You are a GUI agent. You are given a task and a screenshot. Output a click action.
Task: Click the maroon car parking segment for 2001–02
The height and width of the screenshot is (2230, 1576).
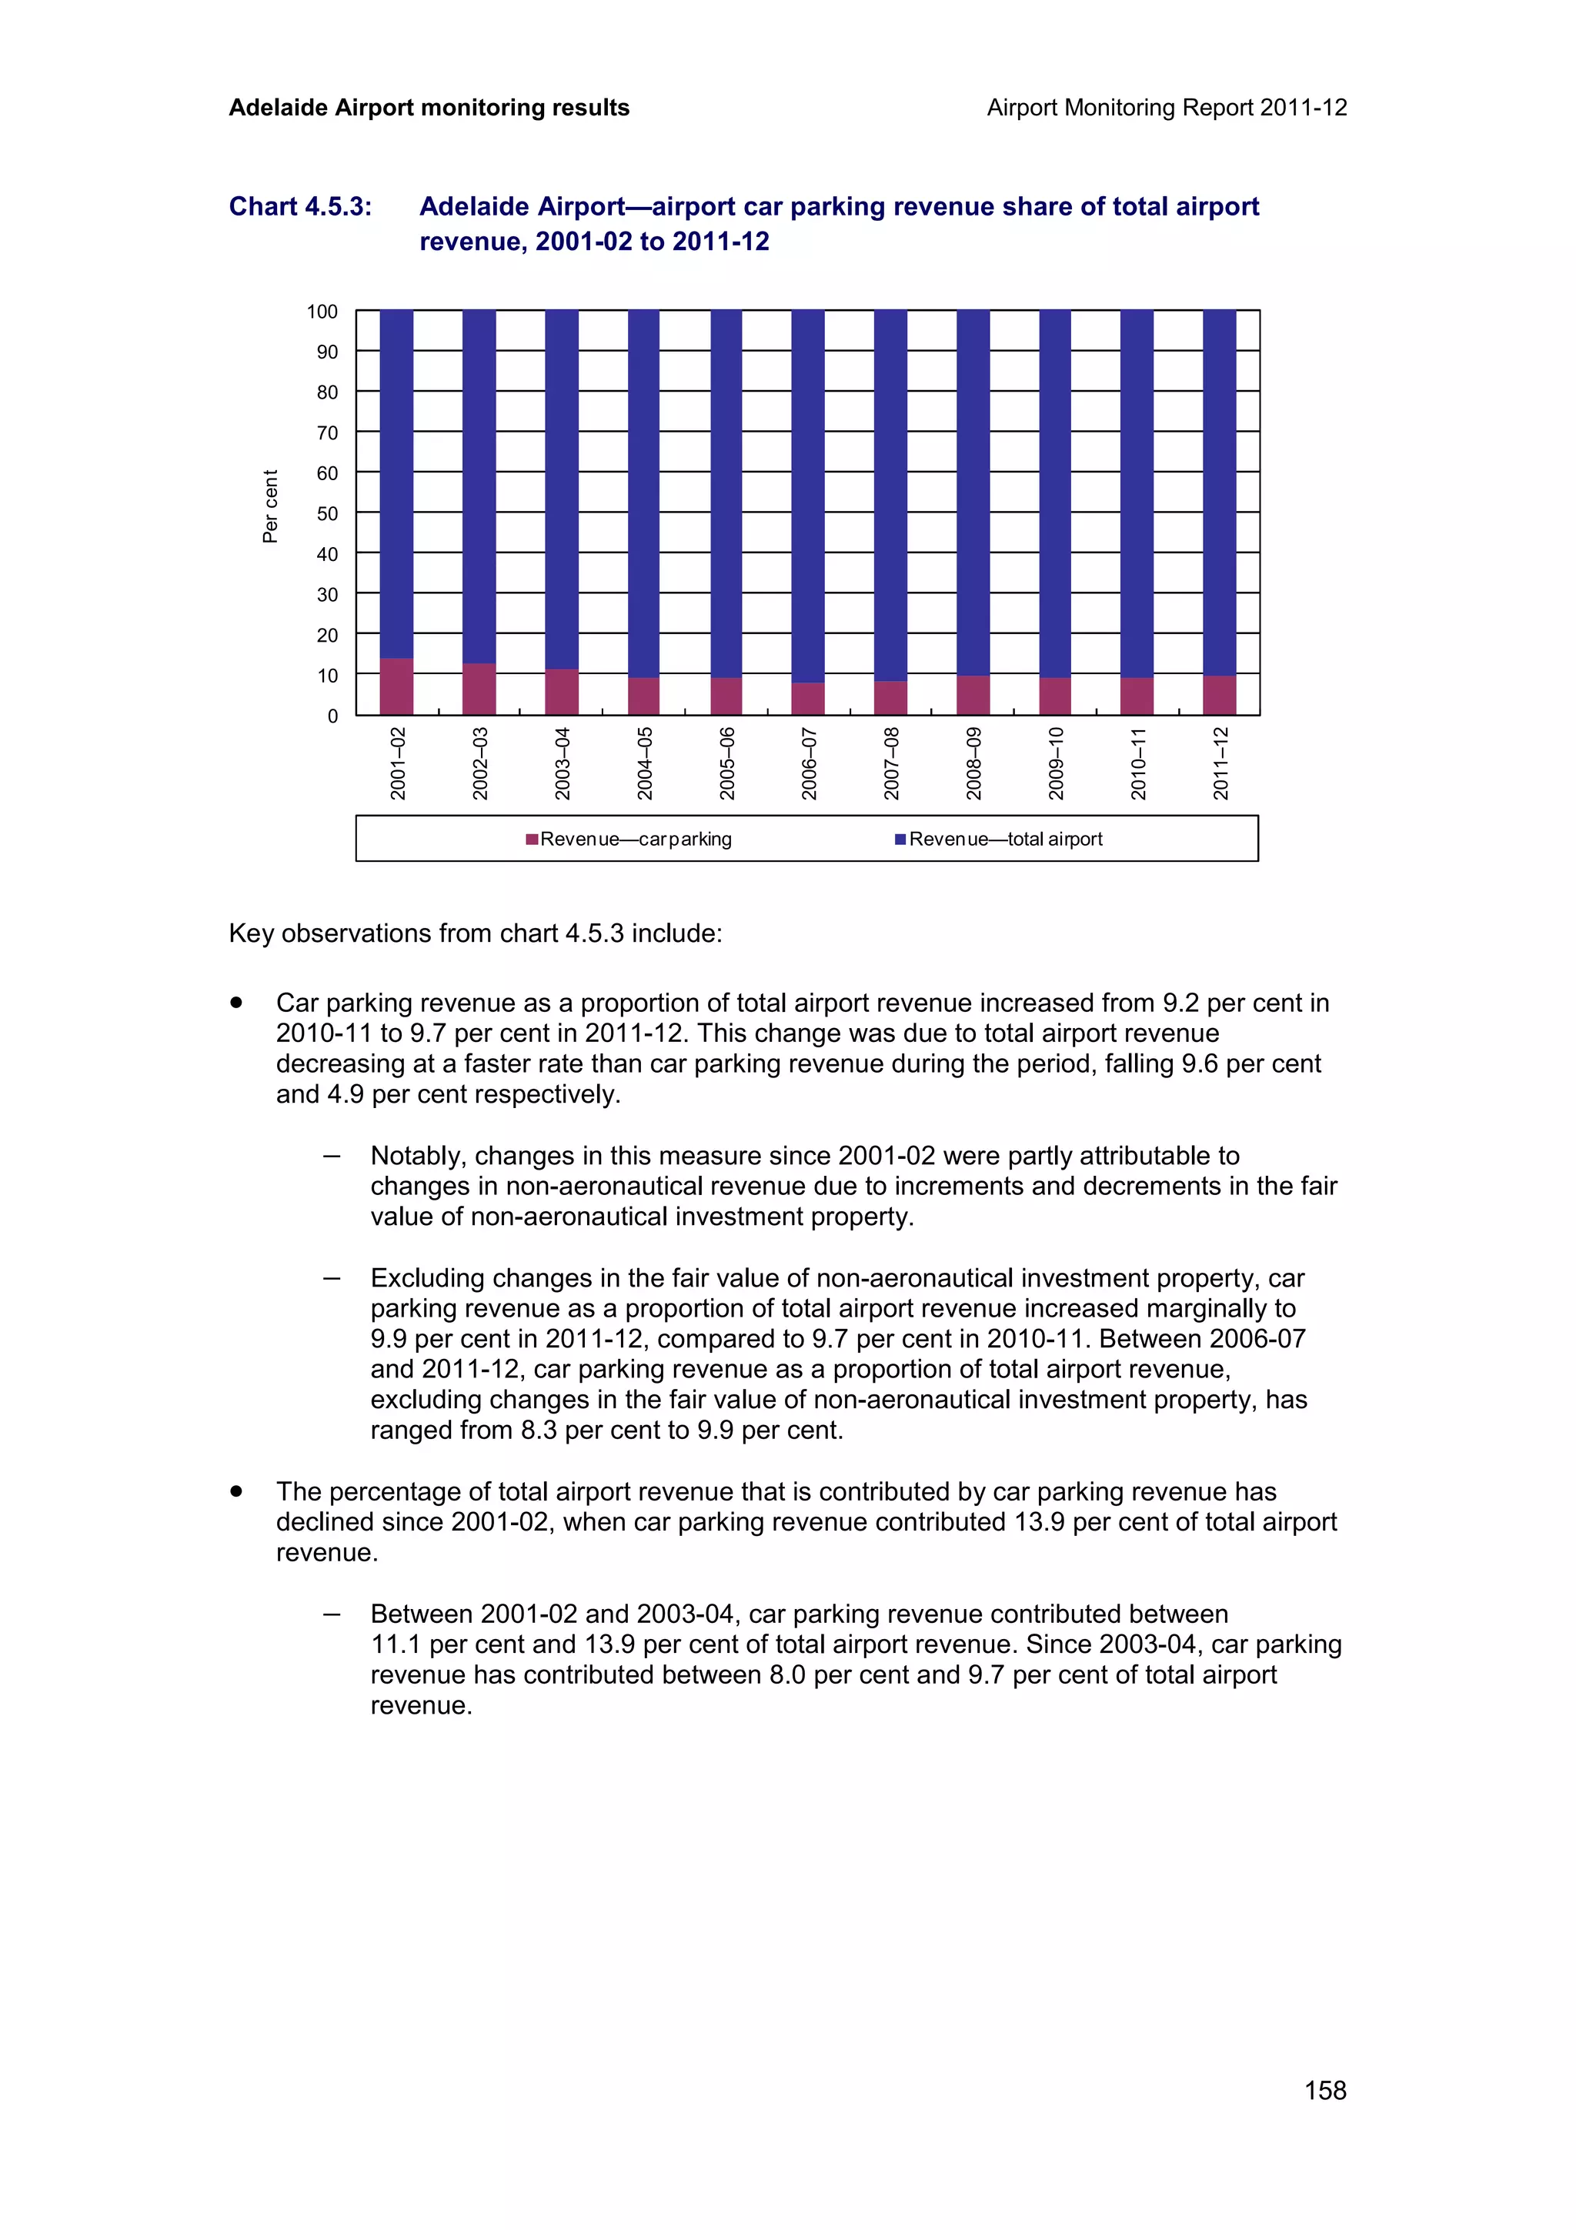pyautogui.click(x=396, y=686)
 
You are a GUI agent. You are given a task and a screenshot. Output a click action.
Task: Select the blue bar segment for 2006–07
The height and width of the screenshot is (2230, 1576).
pyautogui.click(x=808, y=496)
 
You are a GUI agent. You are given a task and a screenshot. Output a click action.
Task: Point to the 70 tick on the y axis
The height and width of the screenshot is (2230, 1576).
pyautogui.click(x=327, y=433)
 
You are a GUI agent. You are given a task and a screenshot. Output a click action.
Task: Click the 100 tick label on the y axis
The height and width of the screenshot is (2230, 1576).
pyautogui.click(x=322, y=312)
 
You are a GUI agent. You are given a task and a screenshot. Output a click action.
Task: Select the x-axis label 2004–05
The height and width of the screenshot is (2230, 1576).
pyautogui.click(x=645, y=763)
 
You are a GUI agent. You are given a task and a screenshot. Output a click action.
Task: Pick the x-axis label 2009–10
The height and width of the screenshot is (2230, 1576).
pyautogui.click(x=1057, y=763)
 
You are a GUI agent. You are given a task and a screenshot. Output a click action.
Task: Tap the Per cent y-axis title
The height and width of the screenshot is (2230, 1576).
pyautogui.click(x=270, y=506)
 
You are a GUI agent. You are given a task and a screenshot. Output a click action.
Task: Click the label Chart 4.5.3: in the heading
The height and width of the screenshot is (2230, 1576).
pyautogui.click(x=300, y=207)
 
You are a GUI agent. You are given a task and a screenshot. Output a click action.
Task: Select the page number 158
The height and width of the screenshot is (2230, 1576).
pyautogui.click(x=1324, y=2090)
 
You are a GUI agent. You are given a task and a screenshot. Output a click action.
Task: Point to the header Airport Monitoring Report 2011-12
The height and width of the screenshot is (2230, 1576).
pyautogui.click(x=1166, y=108)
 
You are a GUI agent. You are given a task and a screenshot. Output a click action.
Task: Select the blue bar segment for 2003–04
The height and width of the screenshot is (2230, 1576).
pyautogui.click(x=561, y=489)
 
